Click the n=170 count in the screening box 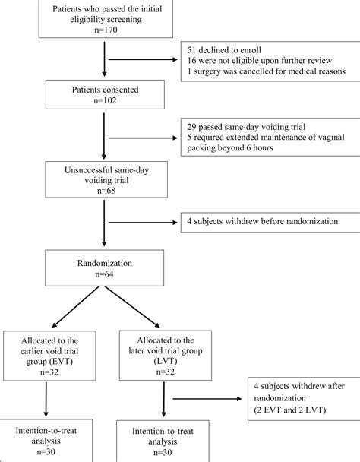(x=106, y=30)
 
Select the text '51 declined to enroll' (x=224, y=50)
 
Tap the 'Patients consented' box (x=105, y=94)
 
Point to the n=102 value (x=105, y=100)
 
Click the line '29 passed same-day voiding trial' (x=246, y=127)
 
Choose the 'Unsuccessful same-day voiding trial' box (x=106, y=179)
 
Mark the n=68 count (x=106, y=191)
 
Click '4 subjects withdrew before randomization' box (x=270, y=222)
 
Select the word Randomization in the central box (x=105, y=263)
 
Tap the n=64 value (x=105, y=274)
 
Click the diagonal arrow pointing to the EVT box (x=76, y=307)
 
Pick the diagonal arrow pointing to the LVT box (x=132, y=307)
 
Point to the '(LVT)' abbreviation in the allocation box (x=166, y=361)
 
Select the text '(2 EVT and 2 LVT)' (x=290, y=410)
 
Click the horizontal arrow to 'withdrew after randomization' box (x=207, y=399)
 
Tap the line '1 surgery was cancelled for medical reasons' (x=267, y=71)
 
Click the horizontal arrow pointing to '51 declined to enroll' (x=143, y=59)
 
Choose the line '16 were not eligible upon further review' (x=260, y=61)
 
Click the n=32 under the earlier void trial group (x=49, y=372)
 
